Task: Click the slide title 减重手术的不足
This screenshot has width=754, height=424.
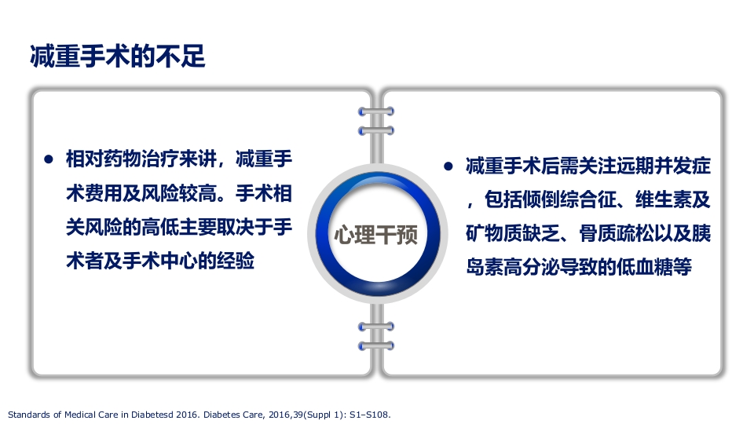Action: pyautogui.click(x=117, y=57)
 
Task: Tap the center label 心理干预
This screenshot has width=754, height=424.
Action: pyautogui.click(x=376, y=235)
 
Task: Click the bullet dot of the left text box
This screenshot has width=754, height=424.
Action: pyautogui.click(x=49, y=159)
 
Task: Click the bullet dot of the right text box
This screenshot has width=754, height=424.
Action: pyautogui.click(x=448, y=166)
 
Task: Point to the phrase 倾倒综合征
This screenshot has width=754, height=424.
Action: pyautogui.click(x=557, y=200)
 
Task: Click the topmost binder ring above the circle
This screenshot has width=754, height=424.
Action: pyautogui.click(x=375, y=111)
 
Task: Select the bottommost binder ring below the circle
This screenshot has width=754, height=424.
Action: pyautogui.click(x=375, y=345)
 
